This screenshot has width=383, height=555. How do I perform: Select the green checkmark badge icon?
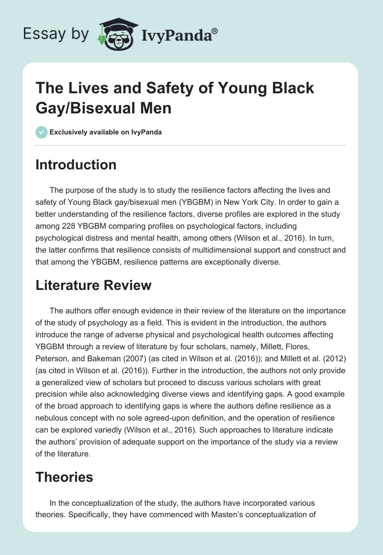point(42,132)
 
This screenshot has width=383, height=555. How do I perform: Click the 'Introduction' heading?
point(76,165)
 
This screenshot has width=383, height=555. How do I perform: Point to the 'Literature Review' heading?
point(93,285)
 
